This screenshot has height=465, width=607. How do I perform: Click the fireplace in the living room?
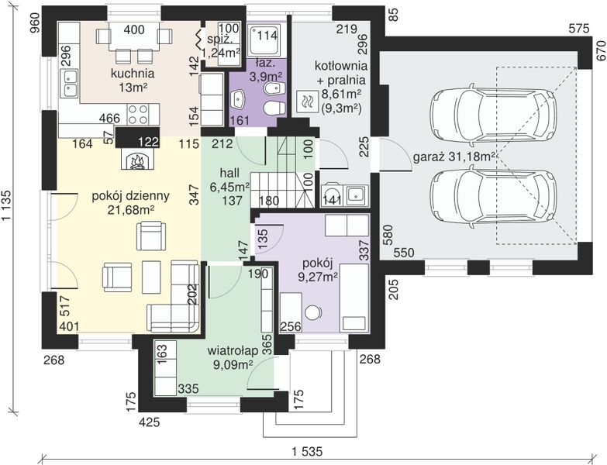coord(137,160)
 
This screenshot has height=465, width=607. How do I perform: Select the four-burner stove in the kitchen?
coord(137,114)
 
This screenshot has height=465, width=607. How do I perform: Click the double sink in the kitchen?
coord(69,84)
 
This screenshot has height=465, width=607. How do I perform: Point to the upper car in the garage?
coord(494,112)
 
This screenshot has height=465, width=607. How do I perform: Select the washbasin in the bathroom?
coord(237,99)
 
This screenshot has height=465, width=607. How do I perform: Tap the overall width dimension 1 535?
coord(306,451)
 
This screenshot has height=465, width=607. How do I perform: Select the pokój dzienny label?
coord(130,196)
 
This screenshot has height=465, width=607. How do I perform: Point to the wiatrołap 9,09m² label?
coord(233,357)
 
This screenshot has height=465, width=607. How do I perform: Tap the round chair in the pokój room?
coord(313,312)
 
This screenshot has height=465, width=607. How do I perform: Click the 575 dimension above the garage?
coord(578,28)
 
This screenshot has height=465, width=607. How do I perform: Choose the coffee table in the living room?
coord(151,277)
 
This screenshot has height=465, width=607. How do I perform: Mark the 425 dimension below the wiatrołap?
coord(150,422)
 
